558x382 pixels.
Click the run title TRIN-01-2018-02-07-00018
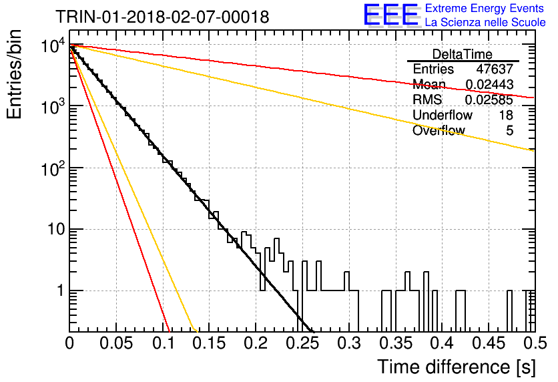click(162, 17)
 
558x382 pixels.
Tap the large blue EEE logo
click(390, 15)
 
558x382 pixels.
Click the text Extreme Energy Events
click(485, 8)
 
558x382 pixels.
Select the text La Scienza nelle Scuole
click(485, 22)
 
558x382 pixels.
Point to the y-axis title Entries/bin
click(14, 74)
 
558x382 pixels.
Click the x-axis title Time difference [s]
click(457, 367)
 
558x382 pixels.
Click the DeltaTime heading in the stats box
click(463, 54)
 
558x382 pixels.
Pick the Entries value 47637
click(495, 69)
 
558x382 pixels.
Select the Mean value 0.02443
click(489, 84)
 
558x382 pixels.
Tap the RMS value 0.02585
click(489, 100)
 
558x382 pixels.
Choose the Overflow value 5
click(509, 130)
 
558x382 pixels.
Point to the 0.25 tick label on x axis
click(302, 343)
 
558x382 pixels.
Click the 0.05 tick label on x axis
click(116, 343)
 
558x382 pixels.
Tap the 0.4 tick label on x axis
click(442, 343)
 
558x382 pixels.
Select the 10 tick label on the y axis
click(57, 229)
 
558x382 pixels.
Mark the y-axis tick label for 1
click(61, 291)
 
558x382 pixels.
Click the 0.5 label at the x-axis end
click(535, 343)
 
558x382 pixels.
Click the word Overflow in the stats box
click(439, 130)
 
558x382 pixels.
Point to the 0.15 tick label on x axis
click(209, 343)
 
